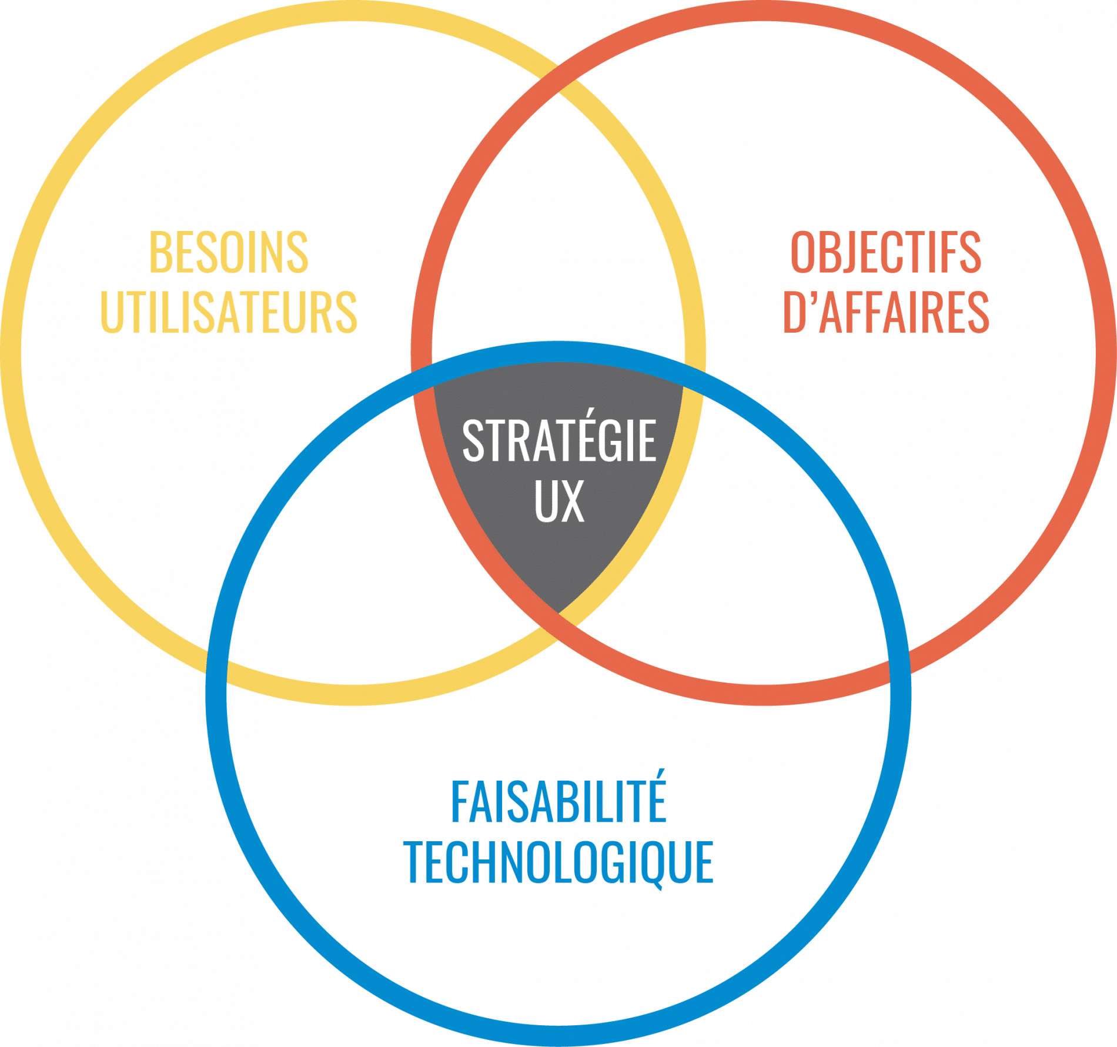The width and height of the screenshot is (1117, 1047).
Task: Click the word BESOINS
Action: (x=229, y=252)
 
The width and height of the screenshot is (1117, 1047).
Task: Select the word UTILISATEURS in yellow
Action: (x=229, y=311)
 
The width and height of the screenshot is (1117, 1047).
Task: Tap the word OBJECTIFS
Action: (x=885, y=252)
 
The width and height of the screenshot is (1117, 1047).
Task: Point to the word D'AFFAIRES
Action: (x=885, y=311)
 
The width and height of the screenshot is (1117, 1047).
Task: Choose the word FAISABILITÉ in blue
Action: (x=558, y=802)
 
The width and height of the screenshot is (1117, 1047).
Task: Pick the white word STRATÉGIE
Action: (x=558, y=441)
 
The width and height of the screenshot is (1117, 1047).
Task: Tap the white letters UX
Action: (x=559, y=501)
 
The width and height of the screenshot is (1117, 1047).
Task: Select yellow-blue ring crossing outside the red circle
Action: (x=218, y=664)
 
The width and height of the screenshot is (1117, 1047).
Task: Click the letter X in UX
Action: (x=572, y=501)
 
